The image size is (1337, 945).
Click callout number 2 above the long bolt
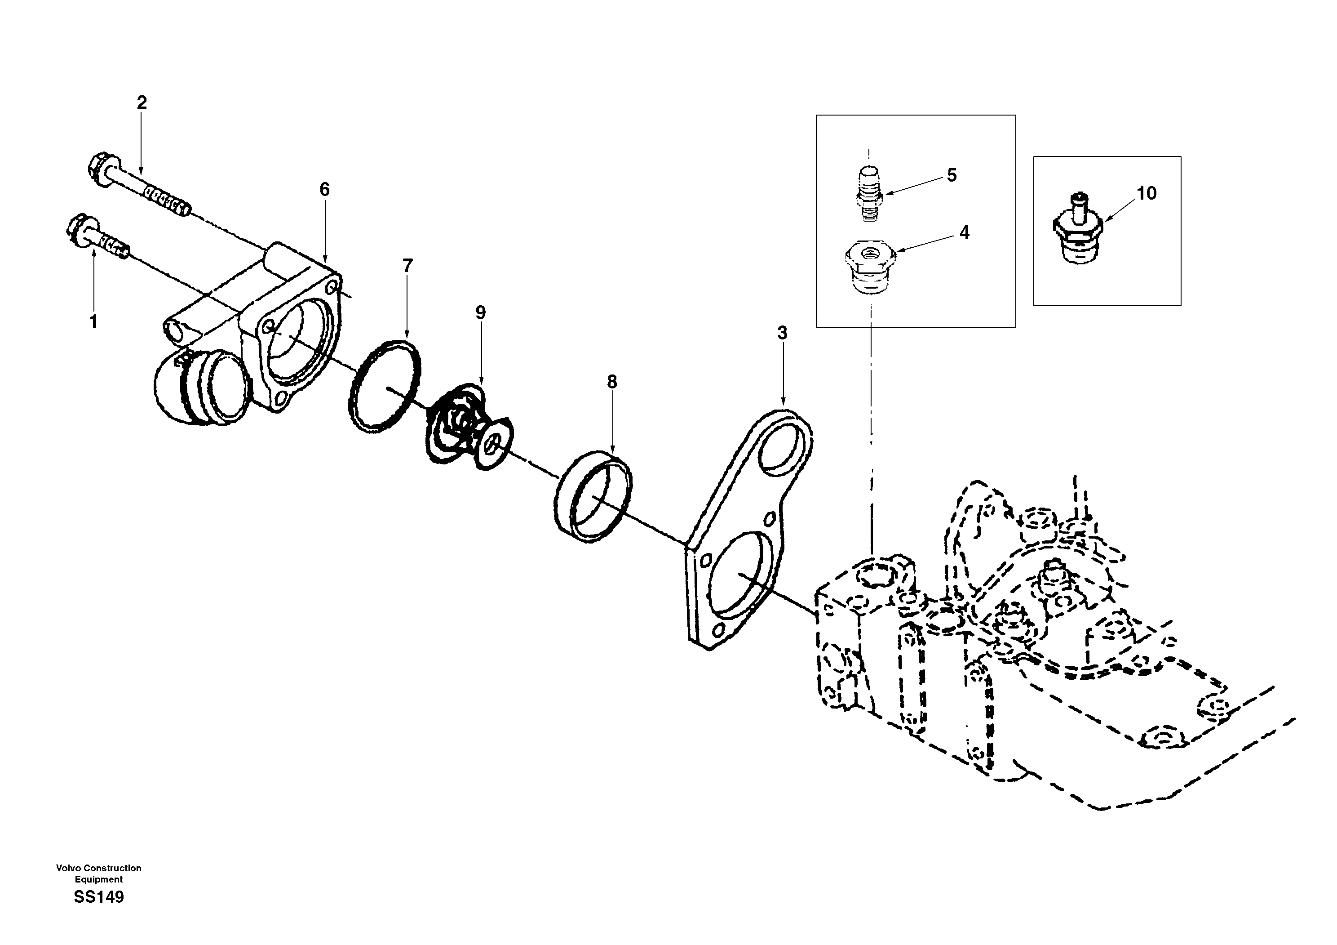[142, 103]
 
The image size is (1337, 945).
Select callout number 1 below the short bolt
[93, 321]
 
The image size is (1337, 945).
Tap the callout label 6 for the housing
[324, 189]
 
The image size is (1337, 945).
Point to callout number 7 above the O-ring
[407, 266]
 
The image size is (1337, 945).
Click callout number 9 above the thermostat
[480, 313]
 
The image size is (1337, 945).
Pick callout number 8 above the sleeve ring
[611, 382]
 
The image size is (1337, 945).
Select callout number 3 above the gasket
[782, 333]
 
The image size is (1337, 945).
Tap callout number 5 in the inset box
[952, 175]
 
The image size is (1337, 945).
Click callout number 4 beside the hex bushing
[964, 232]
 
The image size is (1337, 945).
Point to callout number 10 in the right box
[1146, 193]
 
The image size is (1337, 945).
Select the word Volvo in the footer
[67, 868]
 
